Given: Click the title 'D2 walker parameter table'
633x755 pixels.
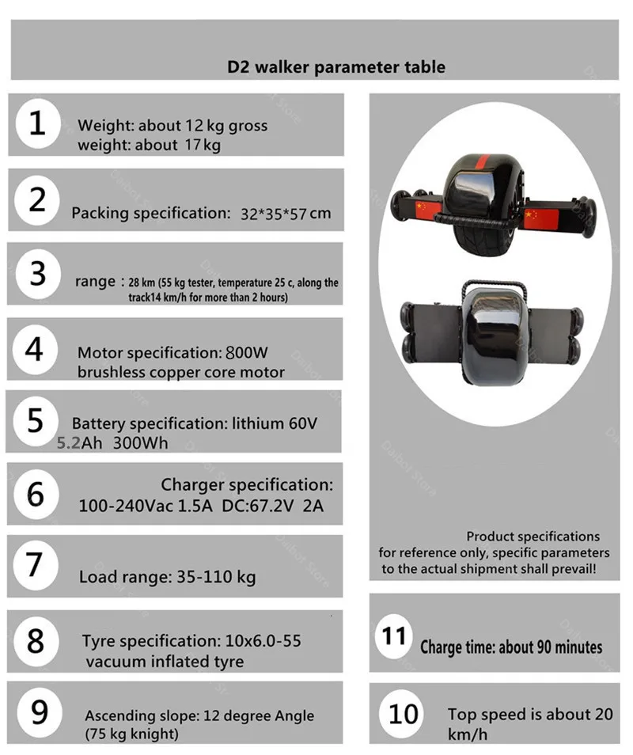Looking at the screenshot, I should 335,66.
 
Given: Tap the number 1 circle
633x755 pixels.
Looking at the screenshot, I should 37,124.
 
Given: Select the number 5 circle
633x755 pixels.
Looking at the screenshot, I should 36,420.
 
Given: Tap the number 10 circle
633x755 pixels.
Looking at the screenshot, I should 404,714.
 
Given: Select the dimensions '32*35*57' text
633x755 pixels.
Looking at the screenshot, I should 274,214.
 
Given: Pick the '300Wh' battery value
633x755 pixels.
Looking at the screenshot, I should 140,444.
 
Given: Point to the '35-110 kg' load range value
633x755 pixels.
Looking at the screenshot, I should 213,577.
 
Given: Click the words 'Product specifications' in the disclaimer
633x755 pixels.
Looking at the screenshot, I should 533,537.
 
